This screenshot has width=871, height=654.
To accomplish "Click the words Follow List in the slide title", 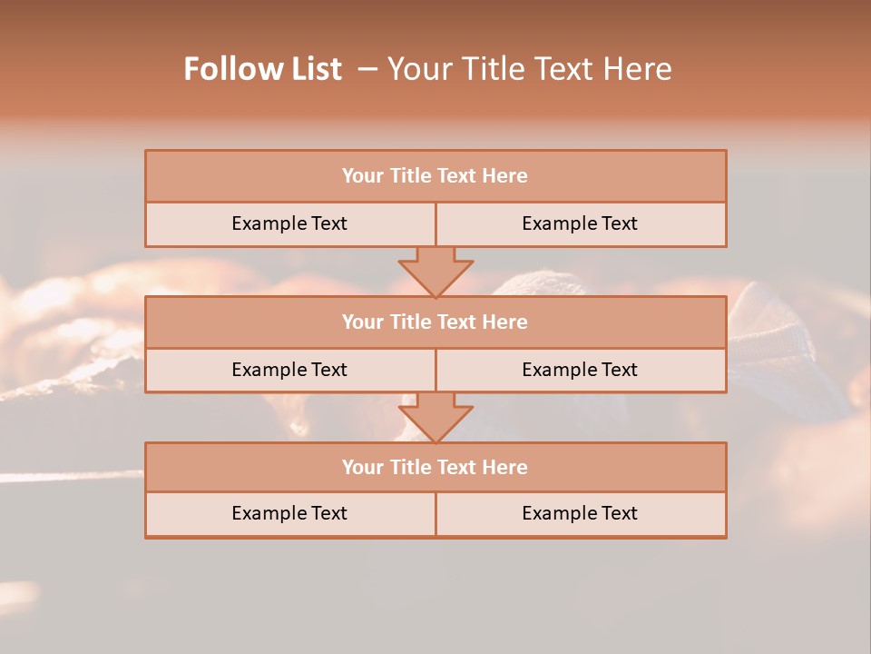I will click(x=263, y=69).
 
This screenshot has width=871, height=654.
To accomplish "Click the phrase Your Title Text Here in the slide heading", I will click(x=529, y=69).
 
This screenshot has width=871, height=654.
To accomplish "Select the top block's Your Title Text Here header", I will click(x=435, y=176).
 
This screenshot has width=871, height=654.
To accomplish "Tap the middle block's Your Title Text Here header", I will click(x=435, y=322).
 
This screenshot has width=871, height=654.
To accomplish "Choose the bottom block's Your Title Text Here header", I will click(x=435, y=467).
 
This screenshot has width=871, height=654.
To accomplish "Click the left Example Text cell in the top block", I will click(x=289, y=223).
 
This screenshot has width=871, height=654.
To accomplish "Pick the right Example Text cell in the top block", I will click(x=580, y=223).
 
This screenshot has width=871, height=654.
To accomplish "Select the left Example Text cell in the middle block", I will click(x=289, y=370).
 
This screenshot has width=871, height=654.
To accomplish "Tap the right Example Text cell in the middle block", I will click(x=580, y=370).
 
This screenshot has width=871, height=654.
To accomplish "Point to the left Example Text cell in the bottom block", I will click(x=289, y=513).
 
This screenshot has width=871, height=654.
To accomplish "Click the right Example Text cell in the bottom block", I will click(x=580, y=513).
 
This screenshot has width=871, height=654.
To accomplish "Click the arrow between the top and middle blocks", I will click(x=435, y=271).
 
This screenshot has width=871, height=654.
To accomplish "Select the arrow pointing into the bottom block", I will click(x=435, y=417).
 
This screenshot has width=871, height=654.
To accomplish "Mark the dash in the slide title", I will click(x=367, y=69).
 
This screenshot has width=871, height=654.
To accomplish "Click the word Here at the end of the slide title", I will click(x=640, y=69).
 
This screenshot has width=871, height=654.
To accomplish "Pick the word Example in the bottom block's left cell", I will click(x=269, y=513).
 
